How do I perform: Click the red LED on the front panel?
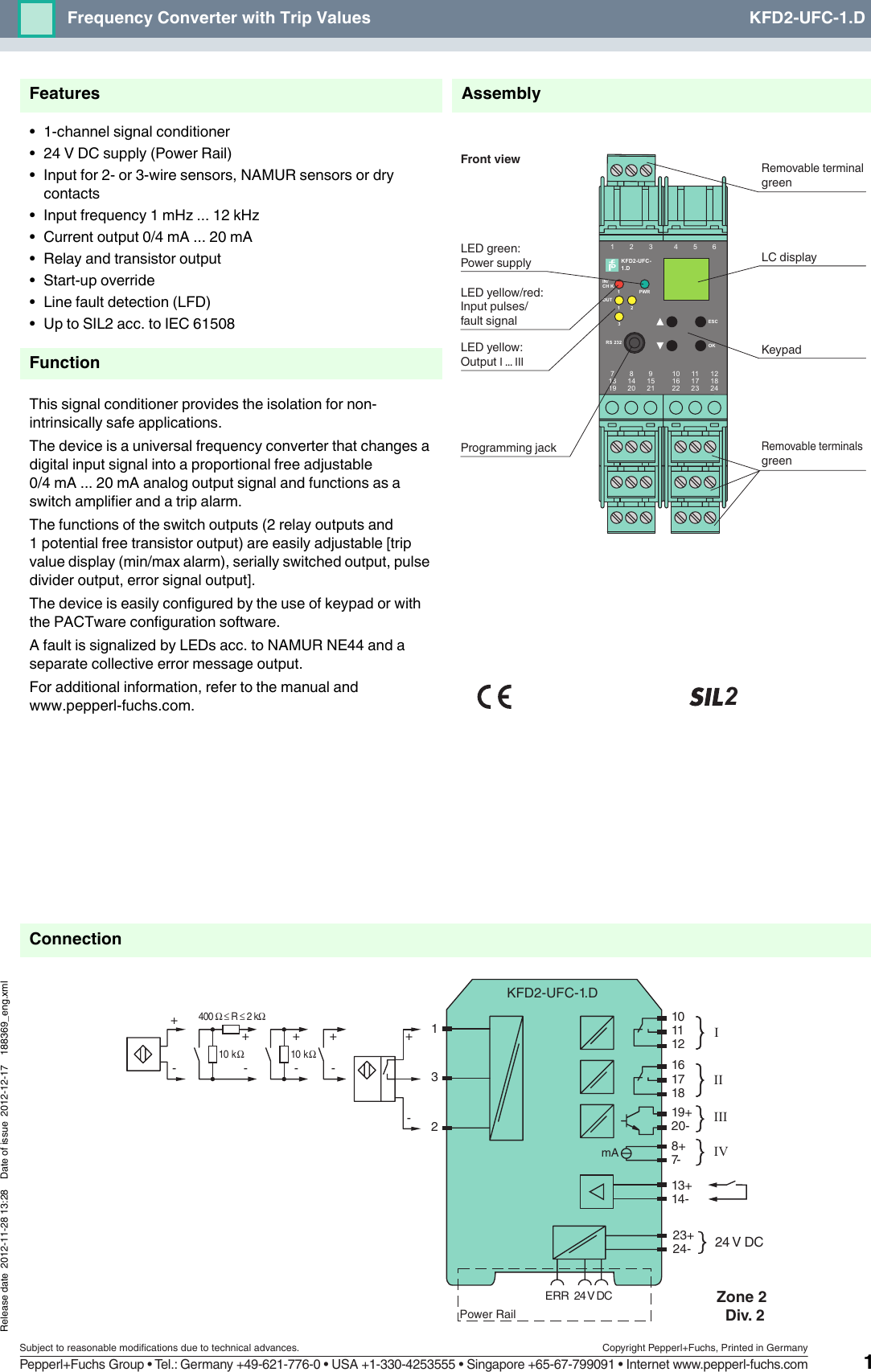(619, 285)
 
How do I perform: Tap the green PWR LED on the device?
(644, 284)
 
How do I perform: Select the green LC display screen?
(686, 279)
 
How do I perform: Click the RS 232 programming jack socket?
(635, 343)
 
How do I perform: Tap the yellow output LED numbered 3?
(619, 316)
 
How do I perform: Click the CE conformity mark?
(495, 697)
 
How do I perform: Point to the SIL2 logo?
(713, 697)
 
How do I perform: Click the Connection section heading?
(76, 939)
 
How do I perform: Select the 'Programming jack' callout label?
(508, 448)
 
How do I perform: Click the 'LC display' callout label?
(789, 257)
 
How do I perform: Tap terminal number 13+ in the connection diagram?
(681, 1186)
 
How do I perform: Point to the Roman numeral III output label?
(721, 1117)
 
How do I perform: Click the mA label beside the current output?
(610, 1153)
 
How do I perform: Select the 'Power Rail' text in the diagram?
(487, 1314)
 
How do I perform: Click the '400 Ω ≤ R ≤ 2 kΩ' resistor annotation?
(232, 1017)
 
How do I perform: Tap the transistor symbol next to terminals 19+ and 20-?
(640, 1118)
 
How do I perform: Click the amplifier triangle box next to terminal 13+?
(597, 1192)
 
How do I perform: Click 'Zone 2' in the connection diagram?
(741, 1296)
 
